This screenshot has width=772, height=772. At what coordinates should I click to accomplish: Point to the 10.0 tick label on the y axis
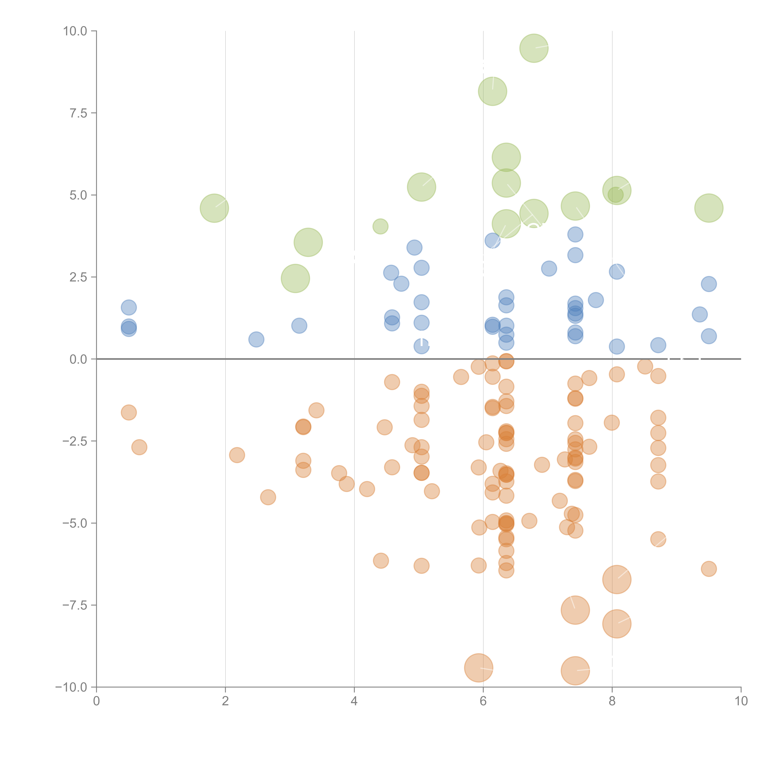point(75,31)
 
